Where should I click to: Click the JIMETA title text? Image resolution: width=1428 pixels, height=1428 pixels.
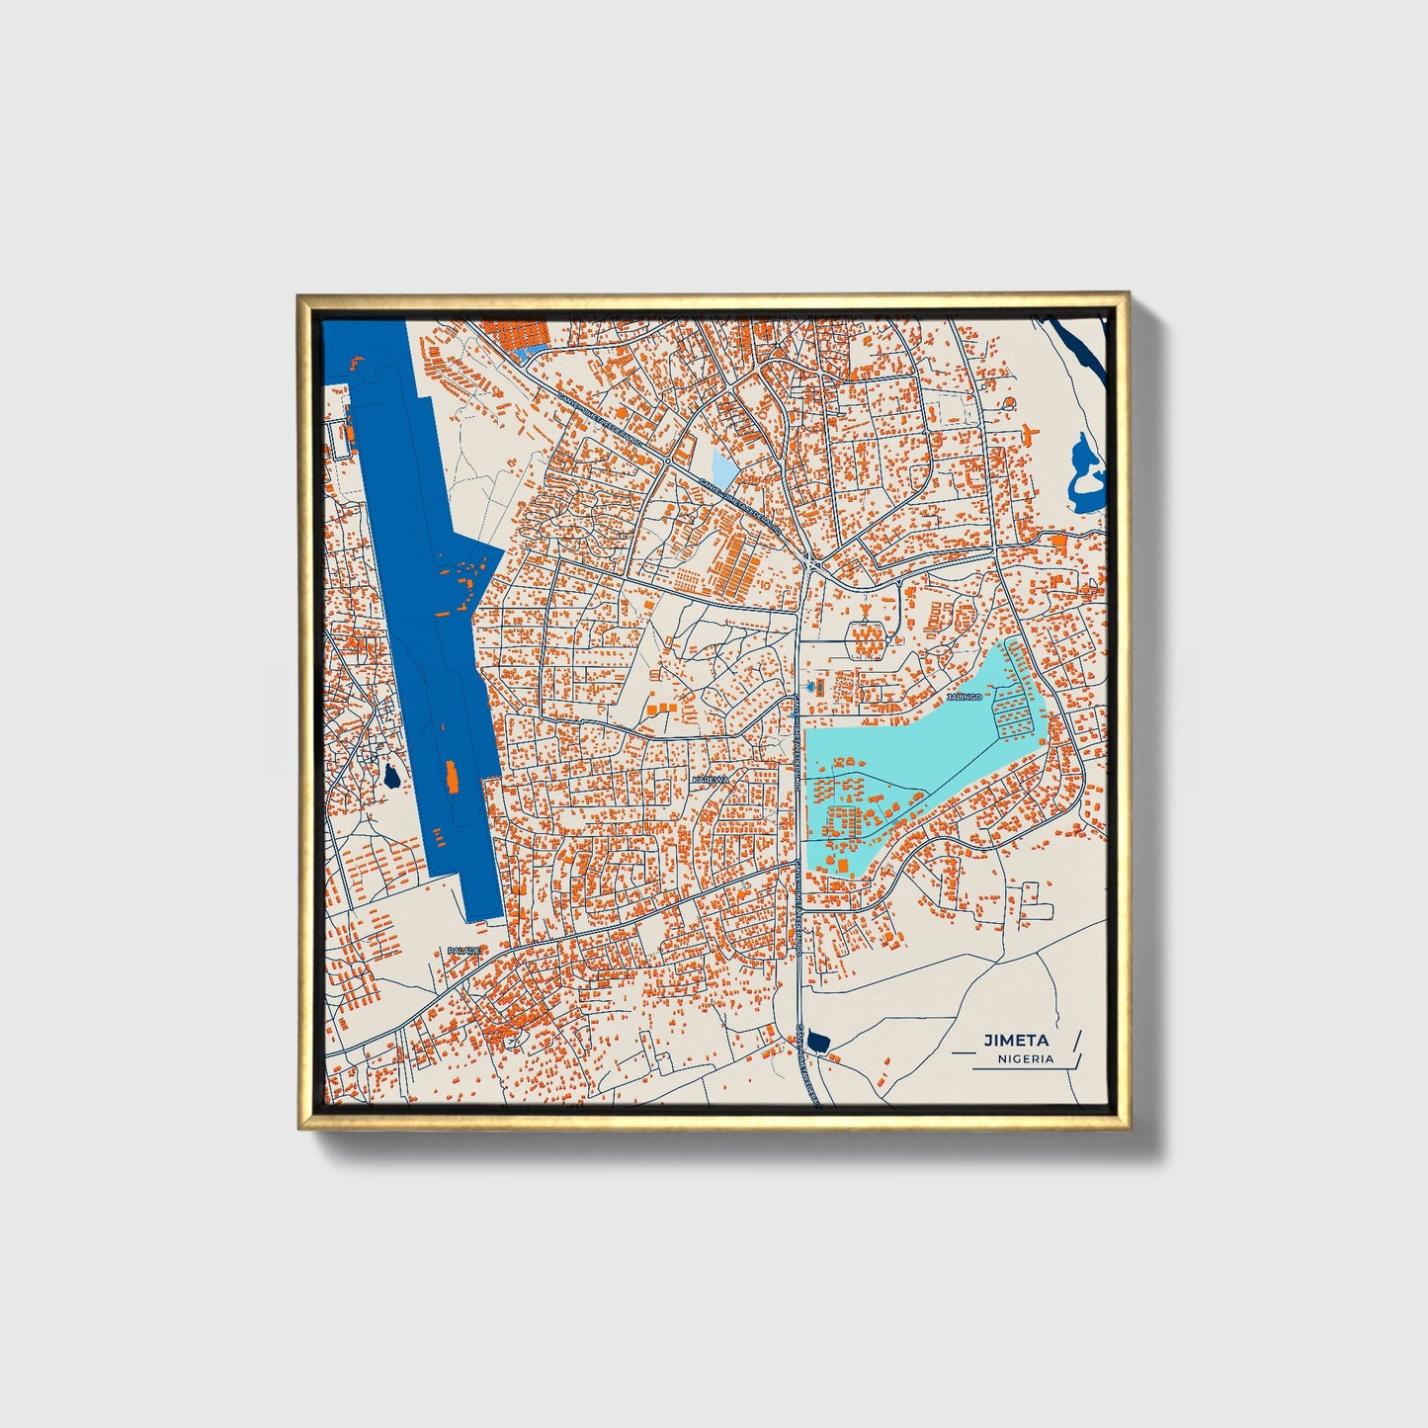(x=1015, y=1040)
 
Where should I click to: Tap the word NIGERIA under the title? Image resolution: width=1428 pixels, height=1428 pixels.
(x=1025, y=1058)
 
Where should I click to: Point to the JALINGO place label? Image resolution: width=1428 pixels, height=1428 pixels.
(x=966, y=697)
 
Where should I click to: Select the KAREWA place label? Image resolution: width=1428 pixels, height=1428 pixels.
(x=711, y=780)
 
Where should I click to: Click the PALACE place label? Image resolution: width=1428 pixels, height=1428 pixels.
(x=463, y=950)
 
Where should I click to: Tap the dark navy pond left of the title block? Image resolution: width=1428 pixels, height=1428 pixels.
(x=817, y=1040)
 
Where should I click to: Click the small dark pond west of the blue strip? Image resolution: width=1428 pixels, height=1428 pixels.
(x=391, y=778)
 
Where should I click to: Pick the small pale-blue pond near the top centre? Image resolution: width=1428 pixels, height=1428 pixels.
(x=723, y=467)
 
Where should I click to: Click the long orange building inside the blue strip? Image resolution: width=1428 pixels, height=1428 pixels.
(x=453, y=778)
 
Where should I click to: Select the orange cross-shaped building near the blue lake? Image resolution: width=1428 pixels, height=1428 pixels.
(x=1033, y=432)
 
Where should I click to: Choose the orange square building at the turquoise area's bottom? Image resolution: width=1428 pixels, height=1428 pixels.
(x=845, y=865)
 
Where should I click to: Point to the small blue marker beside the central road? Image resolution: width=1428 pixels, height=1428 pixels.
(x=813, y=685)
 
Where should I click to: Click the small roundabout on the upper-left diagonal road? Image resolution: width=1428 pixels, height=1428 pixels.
(x=669, y=461)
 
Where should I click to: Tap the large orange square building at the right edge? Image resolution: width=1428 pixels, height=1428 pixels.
(x=1058, y=541)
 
